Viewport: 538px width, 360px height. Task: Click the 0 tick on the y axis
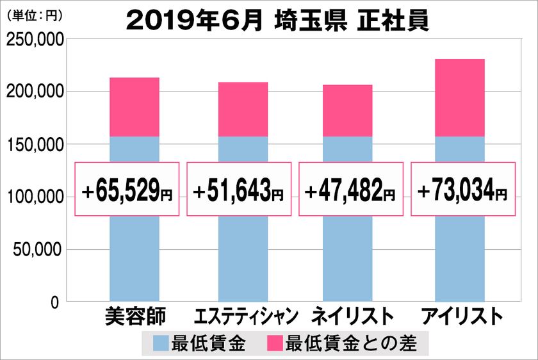click(x=56, y=301)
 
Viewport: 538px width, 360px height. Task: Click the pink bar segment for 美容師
click(x=134, y=107)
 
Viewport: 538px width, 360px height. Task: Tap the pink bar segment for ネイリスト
click(x=347, y=111)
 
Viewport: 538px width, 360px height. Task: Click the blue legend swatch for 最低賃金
click(x=161, y=344)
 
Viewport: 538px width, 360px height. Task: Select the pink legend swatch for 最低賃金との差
click(x=275, y=344)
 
